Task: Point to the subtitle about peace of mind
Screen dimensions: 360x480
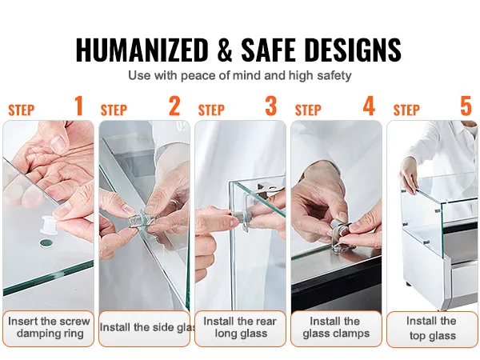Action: point(240,76)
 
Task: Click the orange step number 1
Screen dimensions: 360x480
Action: point(78,106)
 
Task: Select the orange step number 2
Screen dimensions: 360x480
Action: point(174,106)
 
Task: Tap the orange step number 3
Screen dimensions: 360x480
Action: point(271,106)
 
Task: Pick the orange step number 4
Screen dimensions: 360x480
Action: point(368,106)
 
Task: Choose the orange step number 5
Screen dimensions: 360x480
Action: point(466,106)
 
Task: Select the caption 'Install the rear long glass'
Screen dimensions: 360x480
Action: point(240,328)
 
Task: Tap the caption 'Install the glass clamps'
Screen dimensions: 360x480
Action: point(336,328)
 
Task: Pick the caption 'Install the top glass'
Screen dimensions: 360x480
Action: point(432,328)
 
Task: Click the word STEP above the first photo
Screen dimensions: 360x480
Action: point(22,110)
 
